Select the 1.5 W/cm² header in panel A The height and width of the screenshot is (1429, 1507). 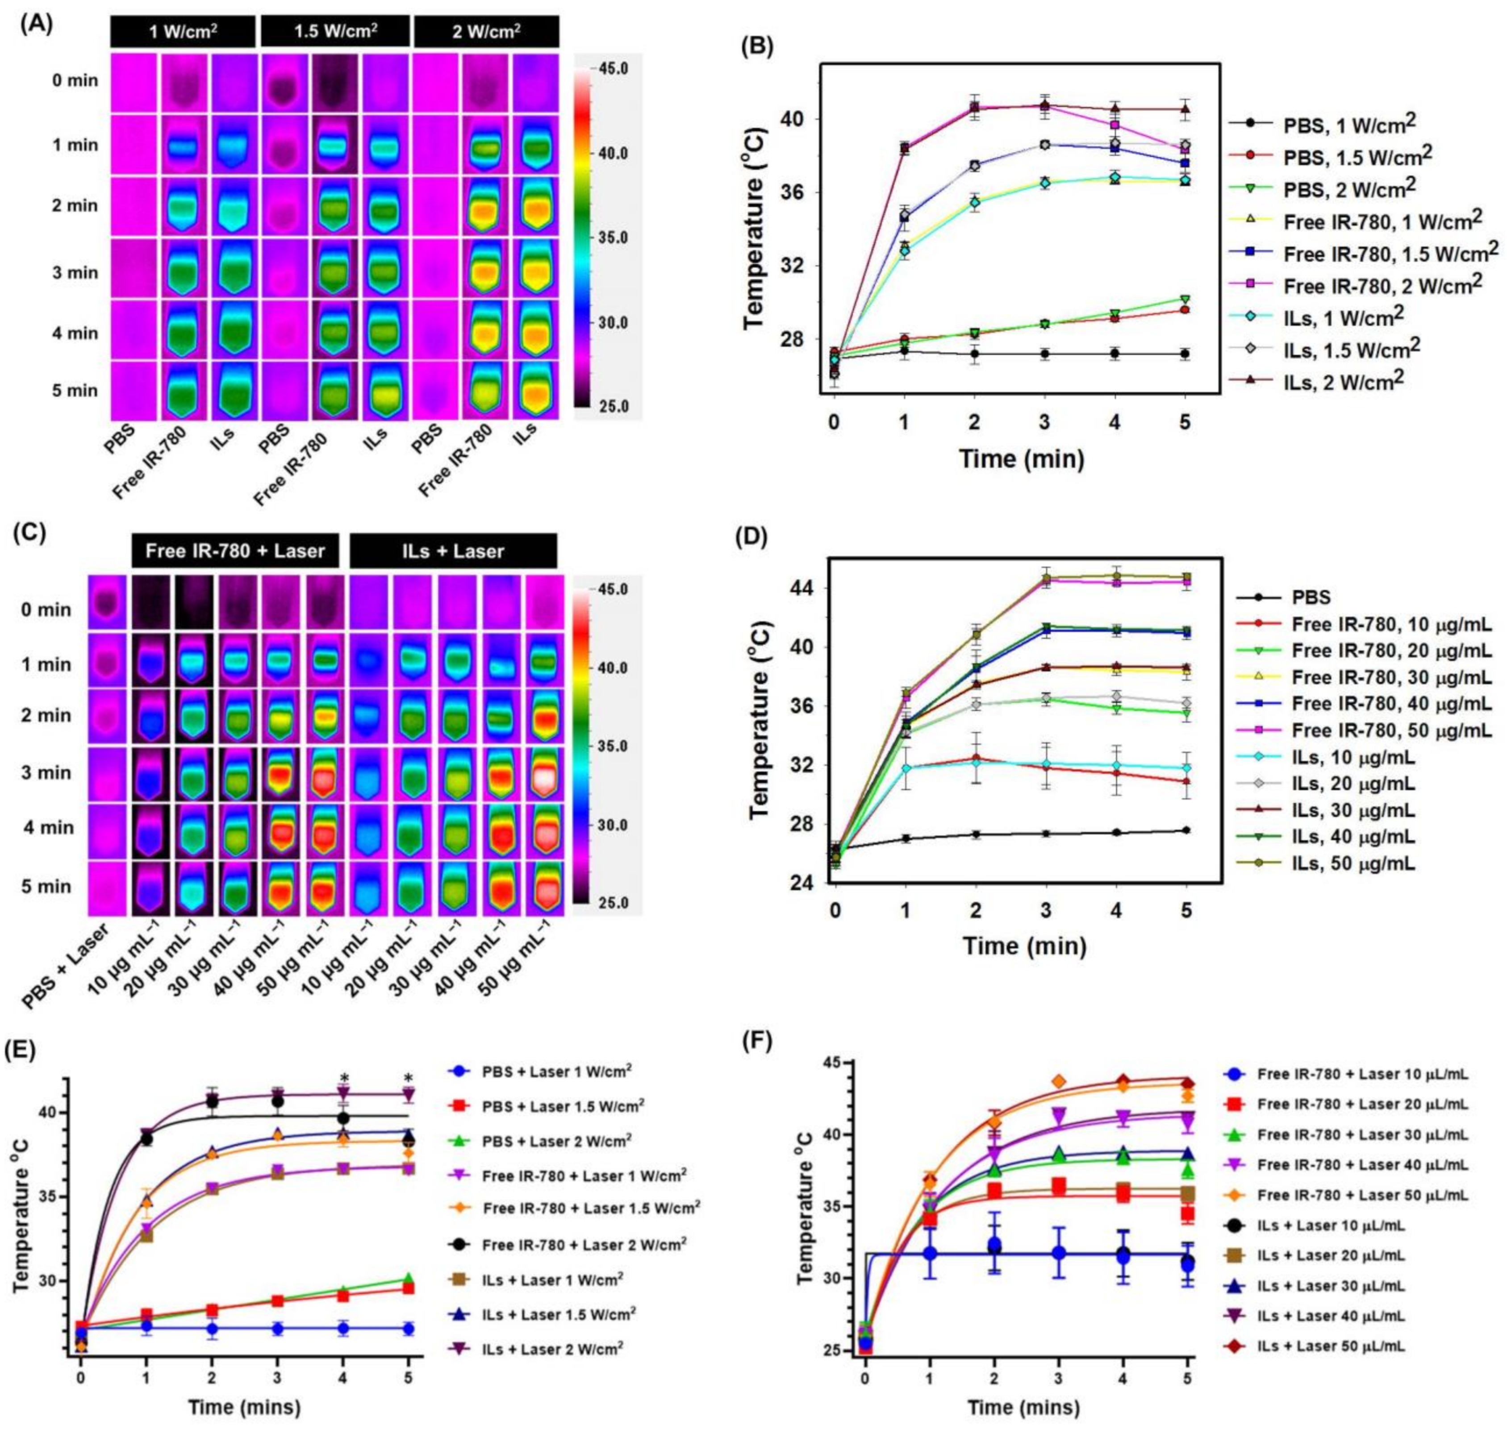pos(335,33)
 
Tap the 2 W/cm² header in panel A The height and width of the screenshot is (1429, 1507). pos(486,33)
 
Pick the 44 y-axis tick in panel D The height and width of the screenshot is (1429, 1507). pos(803,588)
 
